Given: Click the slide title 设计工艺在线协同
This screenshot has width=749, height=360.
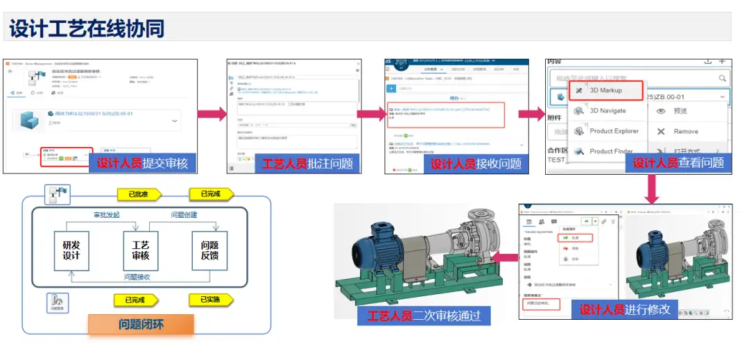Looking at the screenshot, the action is tap(87, 28).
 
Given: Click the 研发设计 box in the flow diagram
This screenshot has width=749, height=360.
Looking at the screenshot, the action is tap(71, 250).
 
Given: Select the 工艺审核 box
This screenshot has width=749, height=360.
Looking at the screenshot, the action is tap(141, 250).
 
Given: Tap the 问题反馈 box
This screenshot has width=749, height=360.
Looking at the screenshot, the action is tap(209, 250).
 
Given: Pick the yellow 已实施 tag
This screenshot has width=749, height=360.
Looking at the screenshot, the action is tap(209, 300).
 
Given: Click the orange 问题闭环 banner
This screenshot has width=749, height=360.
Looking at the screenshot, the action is tap(141, 324).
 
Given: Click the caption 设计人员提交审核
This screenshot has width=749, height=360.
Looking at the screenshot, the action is tap(142, 164).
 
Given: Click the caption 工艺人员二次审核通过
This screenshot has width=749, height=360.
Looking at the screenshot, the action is tap(424, 316).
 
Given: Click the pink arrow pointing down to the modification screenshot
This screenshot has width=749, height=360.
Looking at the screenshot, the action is tap(653, 188).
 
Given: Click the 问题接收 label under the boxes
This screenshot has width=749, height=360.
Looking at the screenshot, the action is tap(137, 277).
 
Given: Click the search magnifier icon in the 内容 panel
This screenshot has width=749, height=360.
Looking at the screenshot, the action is tap(723, 78).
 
